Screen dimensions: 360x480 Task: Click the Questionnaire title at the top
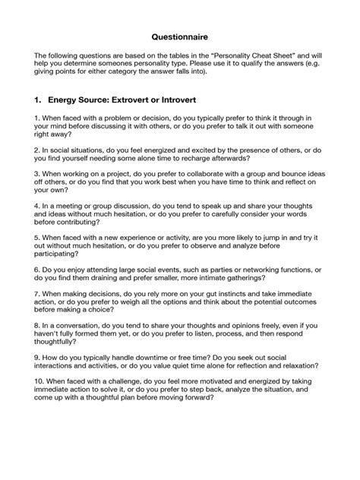(x=179, y=36)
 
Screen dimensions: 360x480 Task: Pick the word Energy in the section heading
(x=62, y=99)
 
